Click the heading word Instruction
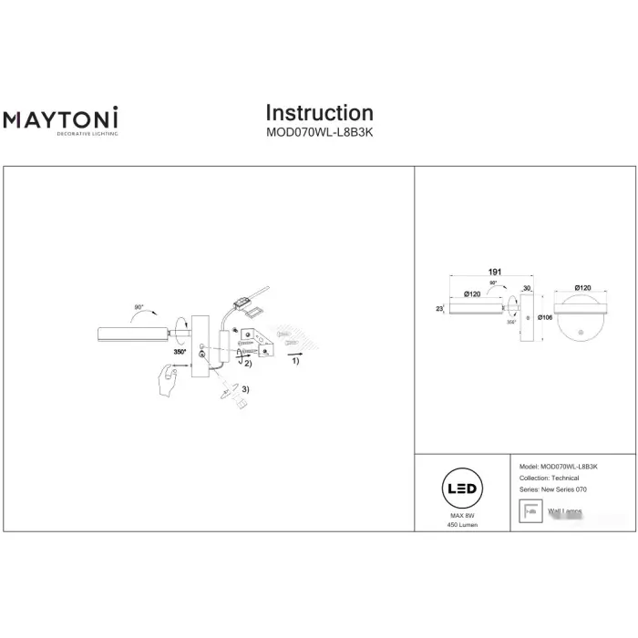point(319,113)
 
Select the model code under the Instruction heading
point(319,130)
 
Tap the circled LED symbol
point(459,489)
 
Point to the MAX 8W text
point(459,516)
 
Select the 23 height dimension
point(439,310)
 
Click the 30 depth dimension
point(527,288)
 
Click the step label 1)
point(294,361)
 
